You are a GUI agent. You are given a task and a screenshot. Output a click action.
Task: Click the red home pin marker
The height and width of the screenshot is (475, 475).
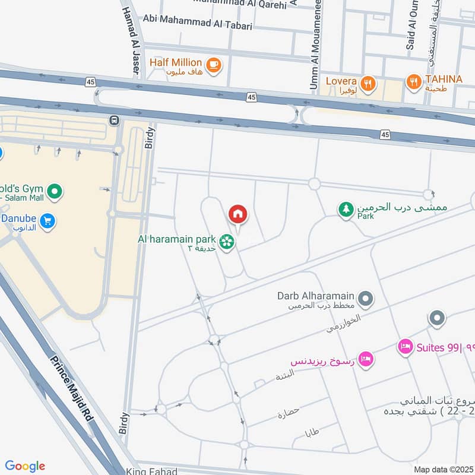point(237,214)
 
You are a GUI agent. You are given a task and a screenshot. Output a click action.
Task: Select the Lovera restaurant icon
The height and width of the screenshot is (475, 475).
point(368,84)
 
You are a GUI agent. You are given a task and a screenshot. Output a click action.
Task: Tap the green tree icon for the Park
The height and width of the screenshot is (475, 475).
point(346,209)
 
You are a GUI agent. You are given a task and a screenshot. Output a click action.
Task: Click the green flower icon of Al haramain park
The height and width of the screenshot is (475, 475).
point(226,241)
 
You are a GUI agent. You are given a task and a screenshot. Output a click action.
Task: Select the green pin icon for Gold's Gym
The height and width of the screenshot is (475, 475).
point(55,191)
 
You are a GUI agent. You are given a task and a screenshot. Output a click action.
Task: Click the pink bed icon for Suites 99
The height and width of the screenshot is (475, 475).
point(406,347)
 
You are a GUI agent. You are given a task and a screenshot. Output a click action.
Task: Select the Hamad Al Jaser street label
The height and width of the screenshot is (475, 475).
point(131,39)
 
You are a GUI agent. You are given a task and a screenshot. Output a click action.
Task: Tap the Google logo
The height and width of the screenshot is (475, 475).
point(25,466)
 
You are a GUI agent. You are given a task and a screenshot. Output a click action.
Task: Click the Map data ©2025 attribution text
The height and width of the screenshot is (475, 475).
point(442,469)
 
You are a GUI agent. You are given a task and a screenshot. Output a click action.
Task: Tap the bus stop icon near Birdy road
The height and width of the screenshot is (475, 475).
point(113,121)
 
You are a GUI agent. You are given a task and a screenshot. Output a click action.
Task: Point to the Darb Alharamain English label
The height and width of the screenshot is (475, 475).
point(316,295)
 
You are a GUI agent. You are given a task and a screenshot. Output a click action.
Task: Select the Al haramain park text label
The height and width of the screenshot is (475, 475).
point(176,239)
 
